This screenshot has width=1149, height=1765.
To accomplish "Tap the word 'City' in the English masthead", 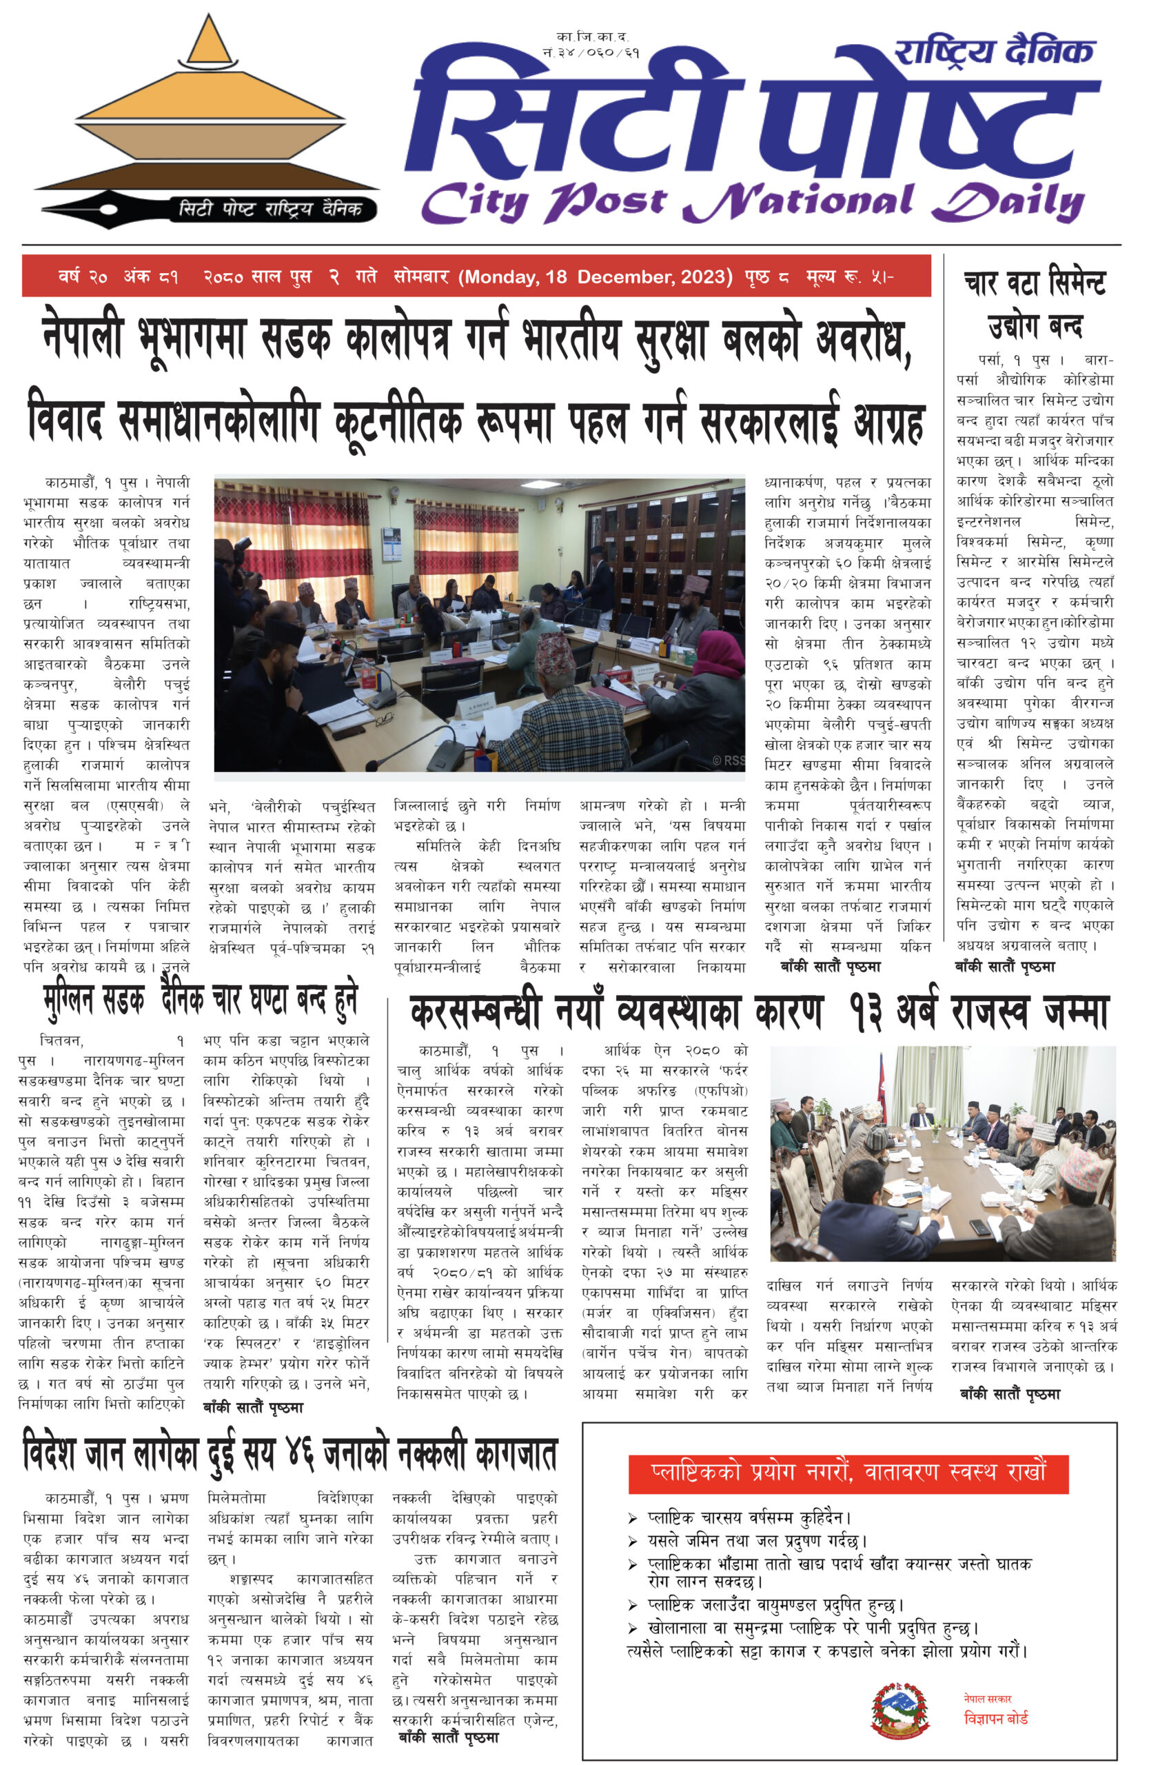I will point(474,202).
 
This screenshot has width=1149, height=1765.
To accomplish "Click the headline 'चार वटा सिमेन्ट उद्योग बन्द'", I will point(1034,304).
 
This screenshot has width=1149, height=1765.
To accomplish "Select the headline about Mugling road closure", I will point(200,1001).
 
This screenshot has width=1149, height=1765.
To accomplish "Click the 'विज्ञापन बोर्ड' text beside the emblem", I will point(995,1717).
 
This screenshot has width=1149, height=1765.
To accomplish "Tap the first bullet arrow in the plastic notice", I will point(632,1518).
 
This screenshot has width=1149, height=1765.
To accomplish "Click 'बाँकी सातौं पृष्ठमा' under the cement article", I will point(1004,967).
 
